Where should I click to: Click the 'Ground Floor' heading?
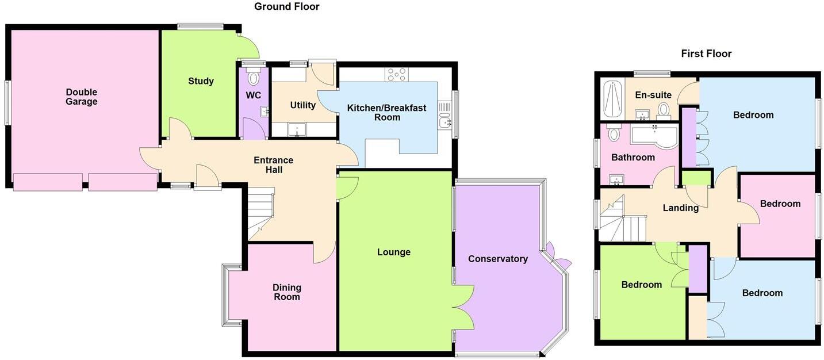click(286, 7)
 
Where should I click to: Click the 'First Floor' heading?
click(706, 53)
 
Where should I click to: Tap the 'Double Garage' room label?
click(81, 97)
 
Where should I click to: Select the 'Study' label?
click(201, 81)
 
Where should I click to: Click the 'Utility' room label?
click(302, 105)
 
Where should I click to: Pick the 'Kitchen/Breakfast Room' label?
click(386, 112)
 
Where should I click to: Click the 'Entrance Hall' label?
click(273, 165)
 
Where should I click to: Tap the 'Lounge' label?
click(394, 252)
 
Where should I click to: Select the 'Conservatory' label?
click(497, 259)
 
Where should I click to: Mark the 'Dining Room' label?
click(286, 292)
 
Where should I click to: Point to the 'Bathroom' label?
click(633, 157)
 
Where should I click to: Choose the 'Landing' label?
click(680, 208)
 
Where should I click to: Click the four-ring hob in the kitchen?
click(397, 74)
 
